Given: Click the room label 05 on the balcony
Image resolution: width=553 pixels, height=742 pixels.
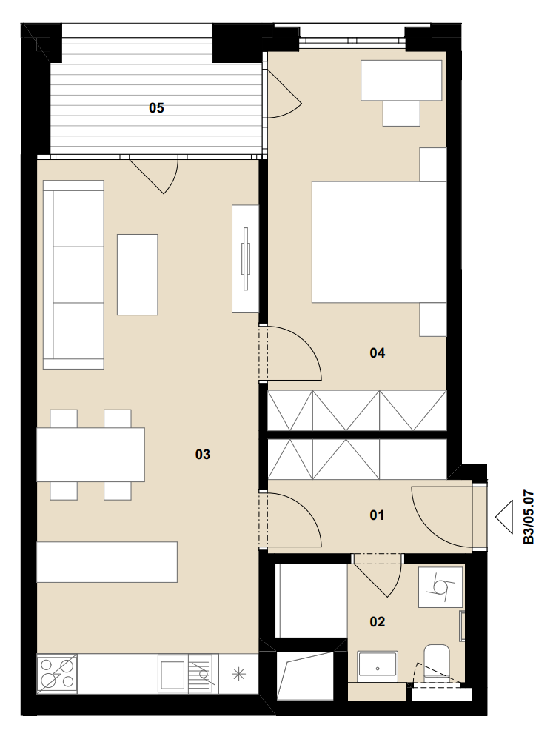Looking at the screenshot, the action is (156, 108).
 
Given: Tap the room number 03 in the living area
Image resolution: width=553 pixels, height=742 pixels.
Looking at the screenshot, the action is (202, 454).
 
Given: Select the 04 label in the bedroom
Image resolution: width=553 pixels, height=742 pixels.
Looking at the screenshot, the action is (377, 352).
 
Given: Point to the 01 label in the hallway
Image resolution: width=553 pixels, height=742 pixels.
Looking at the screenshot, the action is (377, 515).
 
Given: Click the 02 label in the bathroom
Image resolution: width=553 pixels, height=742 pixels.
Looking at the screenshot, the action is (377, 621).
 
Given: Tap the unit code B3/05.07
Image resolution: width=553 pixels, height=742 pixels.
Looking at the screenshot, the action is (529, 517).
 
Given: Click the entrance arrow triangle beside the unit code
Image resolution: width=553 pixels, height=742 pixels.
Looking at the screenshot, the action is (504, 517).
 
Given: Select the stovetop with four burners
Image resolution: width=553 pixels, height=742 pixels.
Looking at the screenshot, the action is (57, 674).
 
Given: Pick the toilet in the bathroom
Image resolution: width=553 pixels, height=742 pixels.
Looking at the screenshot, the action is (436, 663).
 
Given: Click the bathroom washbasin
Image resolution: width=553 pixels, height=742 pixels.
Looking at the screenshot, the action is (377, 666).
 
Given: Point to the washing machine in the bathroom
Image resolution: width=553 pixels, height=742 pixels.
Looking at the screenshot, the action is (440, 586).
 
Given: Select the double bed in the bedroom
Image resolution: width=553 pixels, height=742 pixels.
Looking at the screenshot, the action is (379, 242).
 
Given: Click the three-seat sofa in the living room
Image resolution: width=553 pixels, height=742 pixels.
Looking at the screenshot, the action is (73, 275).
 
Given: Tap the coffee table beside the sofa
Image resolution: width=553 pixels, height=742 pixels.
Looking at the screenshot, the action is (137, 275).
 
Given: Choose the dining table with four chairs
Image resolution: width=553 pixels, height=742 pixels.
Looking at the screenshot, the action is (91, 455).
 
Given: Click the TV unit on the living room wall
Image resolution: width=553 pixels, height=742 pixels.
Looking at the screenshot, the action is (245, 259).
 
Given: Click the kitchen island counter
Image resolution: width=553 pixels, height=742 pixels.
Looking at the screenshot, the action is (107, 562).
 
